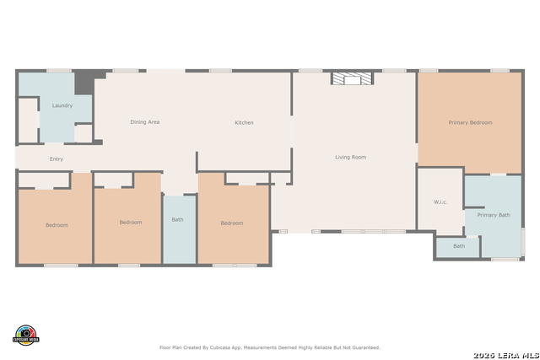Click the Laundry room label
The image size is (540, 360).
tap(62, 105)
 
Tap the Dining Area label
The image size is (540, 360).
tap(144, 122)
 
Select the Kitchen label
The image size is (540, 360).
tap(244, 123)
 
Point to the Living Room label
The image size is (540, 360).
tap(350, 157)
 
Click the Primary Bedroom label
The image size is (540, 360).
tap(470, 123)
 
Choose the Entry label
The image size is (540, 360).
tap(57, 159)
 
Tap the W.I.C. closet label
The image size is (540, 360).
tap(440, 201)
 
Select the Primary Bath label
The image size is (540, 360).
tap(494, 215)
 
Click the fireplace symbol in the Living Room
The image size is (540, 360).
tap(351, 78)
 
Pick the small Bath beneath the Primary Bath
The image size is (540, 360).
tap(458, 246)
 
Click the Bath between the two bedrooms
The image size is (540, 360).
tap(177, 220)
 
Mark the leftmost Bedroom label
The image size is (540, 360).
tap(57, 225)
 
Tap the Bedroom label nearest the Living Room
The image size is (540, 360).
tap(232, 223)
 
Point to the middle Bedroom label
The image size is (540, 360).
tap(130, 222)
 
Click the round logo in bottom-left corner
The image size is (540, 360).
tap(26, 335)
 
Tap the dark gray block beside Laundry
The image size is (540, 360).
tap(85, 83)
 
